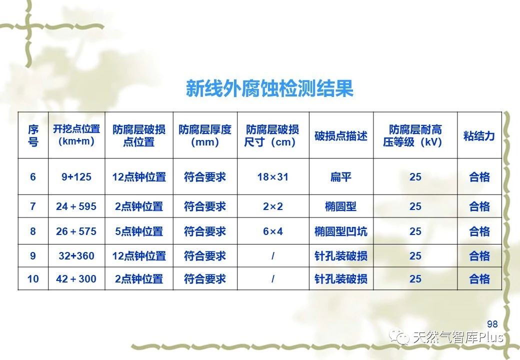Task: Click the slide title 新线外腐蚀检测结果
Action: (x=269, y=88)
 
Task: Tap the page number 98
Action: (x=492, y=324)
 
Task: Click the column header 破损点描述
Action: (x=341, y=135)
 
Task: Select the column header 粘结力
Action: (x=479, y=135)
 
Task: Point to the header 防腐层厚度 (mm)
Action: (x=205, y=135)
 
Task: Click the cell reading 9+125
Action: (x=76, y=176)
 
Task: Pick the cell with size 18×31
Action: (x=272, y=176)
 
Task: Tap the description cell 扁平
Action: (x=341, y=176)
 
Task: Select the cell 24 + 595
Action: (x=76, y=206)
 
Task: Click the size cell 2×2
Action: (x=272, y=206)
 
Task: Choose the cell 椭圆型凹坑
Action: (x=341, y=231)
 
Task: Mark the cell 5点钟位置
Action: (x=139, y=231)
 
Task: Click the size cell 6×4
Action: (x=272, y=231)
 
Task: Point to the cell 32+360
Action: (x=76, y=255)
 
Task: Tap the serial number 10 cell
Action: (x=33, y=279)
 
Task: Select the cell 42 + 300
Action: (x=76, y=279)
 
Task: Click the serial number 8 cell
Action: (x=33, y=231)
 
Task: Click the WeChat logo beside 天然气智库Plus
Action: (x=399, y=337)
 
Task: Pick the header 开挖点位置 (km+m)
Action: (x=76, y=135)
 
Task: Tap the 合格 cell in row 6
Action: (x=479, y=176)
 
